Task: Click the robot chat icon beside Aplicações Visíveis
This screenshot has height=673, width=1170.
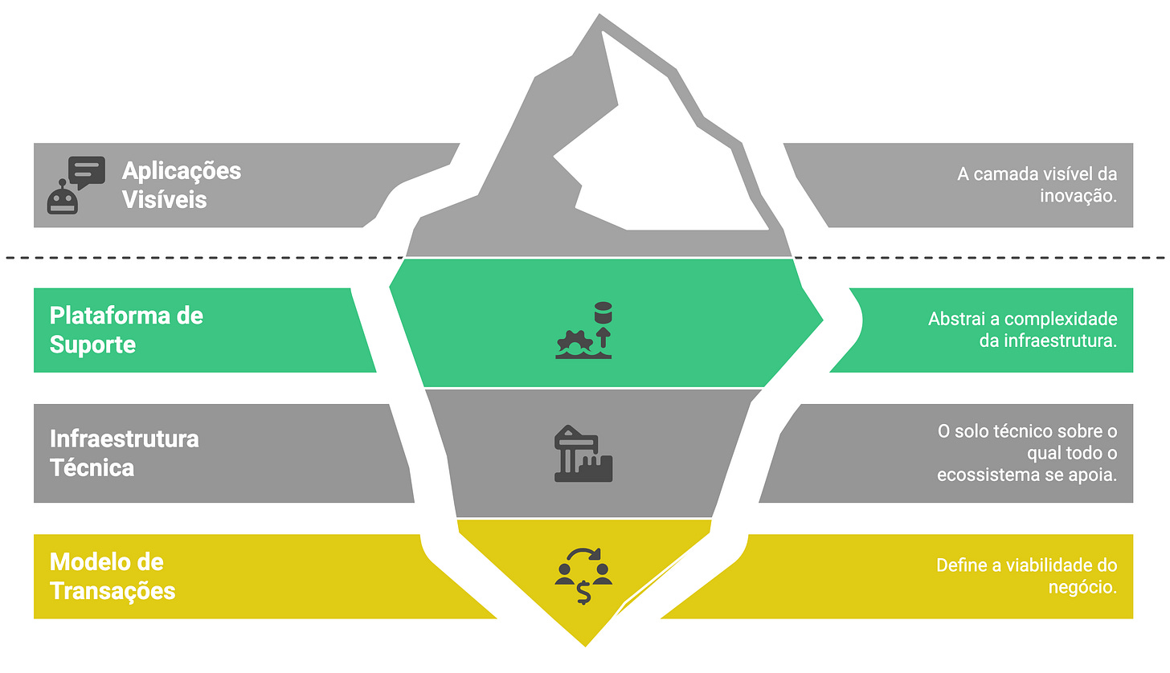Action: [x=76, y=185]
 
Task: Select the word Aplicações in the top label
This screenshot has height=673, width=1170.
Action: [x=182, y=170]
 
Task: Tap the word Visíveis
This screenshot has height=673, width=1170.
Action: [x=165, y=199]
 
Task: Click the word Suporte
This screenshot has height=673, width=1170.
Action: [x=92, y=345]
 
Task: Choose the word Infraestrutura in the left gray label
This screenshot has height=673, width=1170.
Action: [x=125, y=438]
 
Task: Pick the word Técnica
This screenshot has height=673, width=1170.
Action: [x=92, y=467]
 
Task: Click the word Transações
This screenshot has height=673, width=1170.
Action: [x=112, y=590]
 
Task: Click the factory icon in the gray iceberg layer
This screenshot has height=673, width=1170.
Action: [x=583, y=455]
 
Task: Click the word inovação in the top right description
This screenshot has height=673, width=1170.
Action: [x=1073, y=195]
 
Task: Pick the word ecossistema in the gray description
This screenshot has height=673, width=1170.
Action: [x=983, y=475]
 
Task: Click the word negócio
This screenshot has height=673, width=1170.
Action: [x=1082, y=587]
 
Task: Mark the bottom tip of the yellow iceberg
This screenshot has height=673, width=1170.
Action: [x=585, y=642]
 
